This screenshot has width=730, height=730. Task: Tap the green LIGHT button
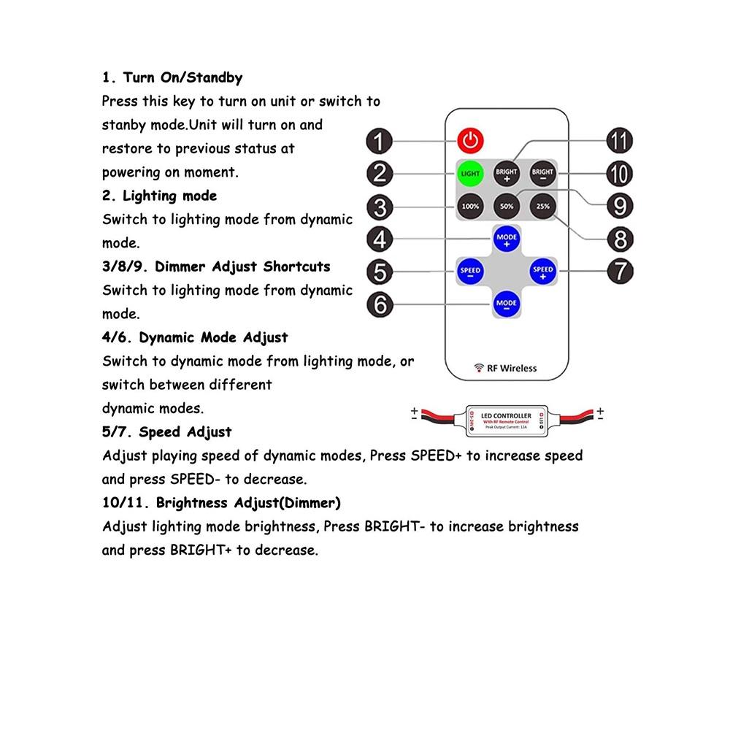point(471,174)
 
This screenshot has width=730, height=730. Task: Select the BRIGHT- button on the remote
point(543,174)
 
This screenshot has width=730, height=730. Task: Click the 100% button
point(471,207)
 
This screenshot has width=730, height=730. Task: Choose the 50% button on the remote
point(507,207)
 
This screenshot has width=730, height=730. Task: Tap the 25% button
point(543,207)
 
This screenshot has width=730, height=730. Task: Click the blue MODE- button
point(507,303)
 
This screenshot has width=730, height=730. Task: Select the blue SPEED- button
point(471,271)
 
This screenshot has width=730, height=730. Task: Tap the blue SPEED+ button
point(543,271)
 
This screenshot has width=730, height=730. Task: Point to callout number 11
point(620,141)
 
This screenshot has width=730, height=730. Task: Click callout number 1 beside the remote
point(380,141)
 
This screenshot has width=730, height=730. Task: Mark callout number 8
point(620,239)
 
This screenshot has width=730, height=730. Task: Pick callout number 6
point(380,304)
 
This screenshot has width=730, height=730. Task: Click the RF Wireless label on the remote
point(505,368)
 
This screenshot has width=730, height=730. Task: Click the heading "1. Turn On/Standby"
point(172,77)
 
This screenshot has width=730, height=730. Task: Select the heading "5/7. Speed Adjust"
point(167,432)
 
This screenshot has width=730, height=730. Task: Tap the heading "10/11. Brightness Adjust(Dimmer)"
point(221,503)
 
